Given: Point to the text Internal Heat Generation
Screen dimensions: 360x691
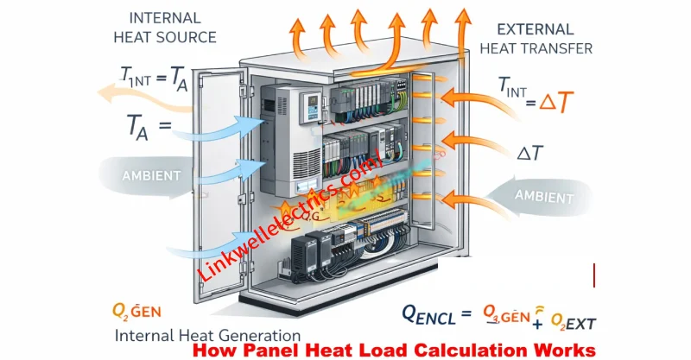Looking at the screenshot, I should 207,335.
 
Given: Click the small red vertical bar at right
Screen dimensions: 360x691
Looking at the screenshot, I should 594,276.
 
